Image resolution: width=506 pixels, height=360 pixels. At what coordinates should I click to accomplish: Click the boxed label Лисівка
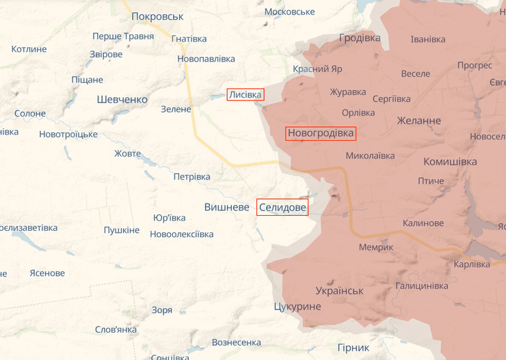click(245, 95)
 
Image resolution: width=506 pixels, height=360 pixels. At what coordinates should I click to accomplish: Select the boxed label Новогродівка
click(321, 133)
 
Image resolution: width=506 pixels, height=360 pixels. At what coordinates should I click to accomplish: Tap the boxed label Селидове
click(282, 207)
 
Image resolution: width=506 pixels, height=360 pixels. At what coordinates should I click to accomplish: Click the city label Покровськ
click(157, 16)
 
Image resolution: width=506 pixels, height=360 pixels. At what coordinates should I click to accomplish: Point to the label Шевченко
click(122, 99)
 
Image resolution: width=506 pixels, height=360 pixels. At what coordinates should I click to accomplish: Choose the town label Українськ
click(339, 290)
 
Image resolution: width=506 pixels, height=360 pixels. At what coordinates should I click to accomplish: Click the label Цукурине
click(297, 306)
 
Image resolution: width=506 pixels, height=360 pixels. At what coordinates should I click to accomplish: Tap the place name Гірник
click(354, 347)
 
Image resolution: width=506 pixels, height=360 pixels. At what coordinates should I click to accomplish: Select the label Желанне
click(419, 121)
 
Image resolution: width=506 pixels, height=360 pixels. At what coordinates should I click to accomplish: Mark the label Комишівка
click(450, 162)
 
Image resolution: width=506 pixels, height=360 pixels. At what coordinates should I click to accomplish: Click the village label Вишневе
click(226, 206)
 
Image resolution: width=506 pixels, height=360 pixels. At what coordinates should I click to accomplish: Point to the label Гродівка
click(360, 38)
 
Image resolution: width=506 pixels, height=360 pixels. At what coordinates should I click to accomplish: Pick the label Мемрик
click(376, 247)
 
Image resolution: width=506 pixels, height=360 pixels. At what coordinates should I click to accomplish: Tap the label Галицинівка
click(421, 286)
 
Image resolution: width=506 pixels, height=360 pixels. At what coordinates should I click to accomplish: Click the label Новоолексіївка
click(182, 234)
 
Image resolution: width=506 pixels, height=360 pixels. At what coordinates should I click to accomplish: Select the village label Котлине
click(29, 49)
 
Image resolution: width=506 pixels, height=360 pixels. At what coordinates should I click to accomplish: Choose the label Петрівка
click(191, 177)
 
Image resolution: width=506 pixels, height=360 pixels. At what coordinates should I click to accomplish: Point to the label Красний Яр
click(317, 69)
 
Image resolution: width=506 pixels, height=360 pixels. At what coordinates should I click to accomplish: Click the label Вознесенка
click(237, 342)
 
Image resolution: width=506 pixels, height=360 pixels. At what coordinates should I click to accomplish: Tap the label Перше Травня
click(123, 36)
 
